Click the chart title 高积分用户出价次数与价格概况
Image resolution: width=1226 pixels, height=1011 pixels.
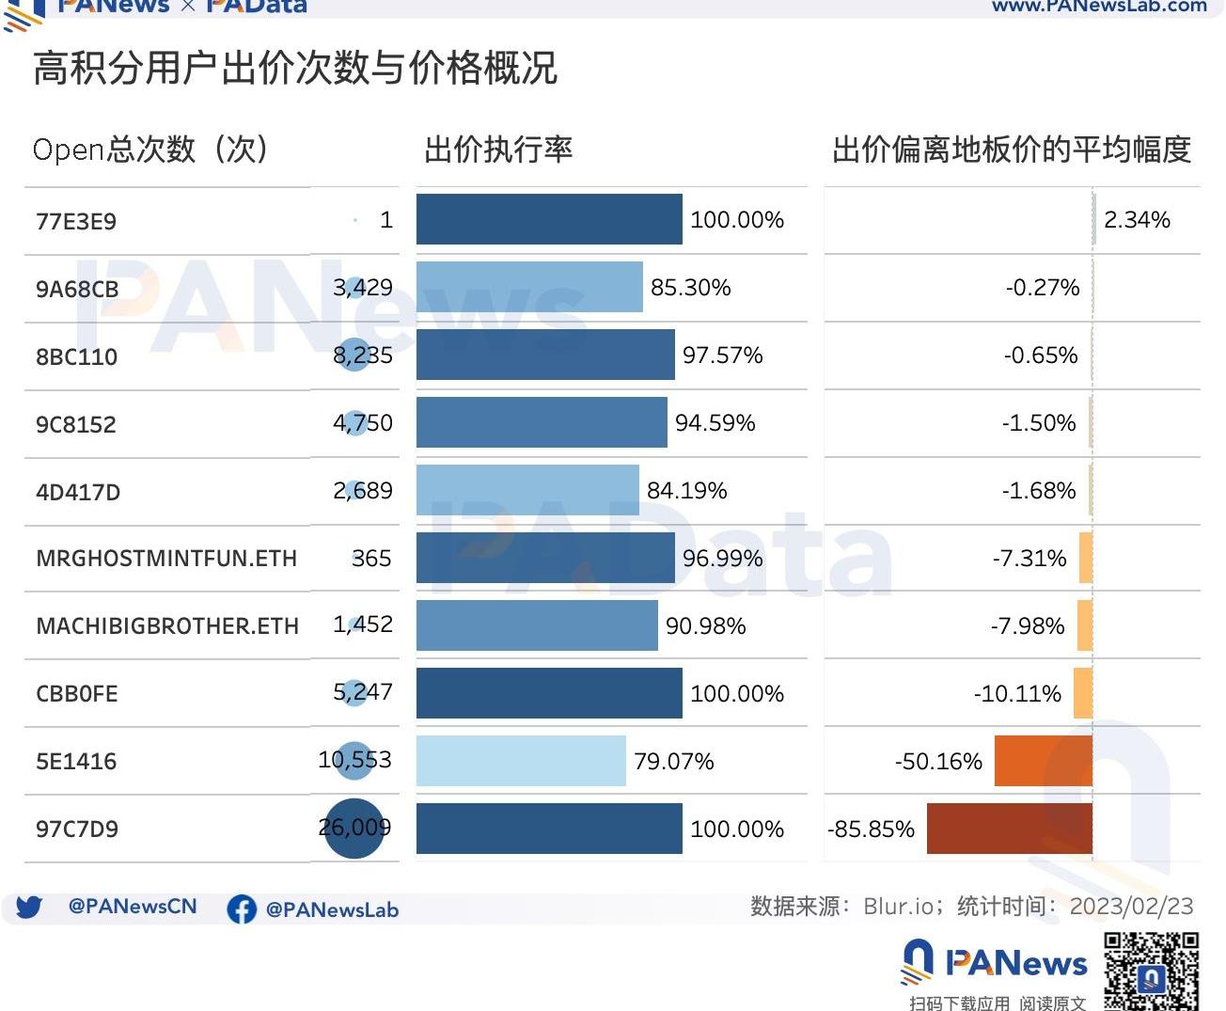tap(295, 69)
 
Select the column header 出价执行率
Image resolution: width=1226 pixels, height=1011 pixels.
tap(498, 150)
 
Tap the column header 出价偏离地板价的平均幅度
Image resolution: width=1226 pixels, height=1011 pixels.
tap(1012, 150)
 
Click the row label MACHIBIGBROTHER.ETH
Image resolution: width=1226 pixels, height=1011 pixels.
tap(167, 625)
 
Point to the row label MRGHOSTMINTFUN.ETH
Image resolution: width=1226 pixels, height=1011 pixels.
tap(166, 558)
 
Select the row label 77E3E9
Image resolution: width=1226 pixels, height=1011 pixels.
tap(76, 221)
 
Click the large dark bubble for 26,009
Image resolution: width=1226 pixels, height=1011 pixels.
tap(354, 829)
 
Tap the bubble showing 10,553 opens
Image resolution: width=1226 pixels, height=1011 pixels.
tap(354, 760)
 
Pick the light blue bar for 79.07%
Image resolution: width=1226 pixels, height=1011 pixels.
tap(521, 761)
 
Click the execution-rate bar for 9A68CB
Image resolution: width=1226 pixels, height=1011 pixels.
tap(529, 287)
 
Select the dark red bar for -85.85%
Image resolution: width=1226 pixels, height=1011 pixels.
tap(1009, 829)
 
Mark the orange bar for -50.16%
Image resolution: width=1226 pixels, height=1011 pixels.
tap(1043, 761)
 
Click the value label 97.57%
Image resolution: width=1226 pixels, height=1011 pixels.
tap(722, 355)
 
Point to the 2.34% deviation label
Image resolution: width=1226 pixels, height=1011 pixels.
tap(1137, 220)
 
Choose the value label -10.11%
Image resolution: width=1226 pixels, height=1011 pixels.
tap(1017, 694)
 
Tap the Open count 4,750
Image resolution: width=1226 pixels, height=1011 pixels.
tap(363, 423)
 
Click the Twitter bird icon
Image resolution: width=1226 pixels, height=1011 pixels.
tap(29, 908)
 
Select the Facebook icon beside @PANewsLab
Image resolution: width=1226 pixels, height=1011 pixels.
tap(242, 908)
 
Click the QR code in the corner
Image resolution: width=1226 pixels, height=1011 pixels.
tap(1151, 972)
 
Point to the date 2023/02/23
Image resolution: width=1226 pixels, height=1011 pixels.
tap(1131, 907)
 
